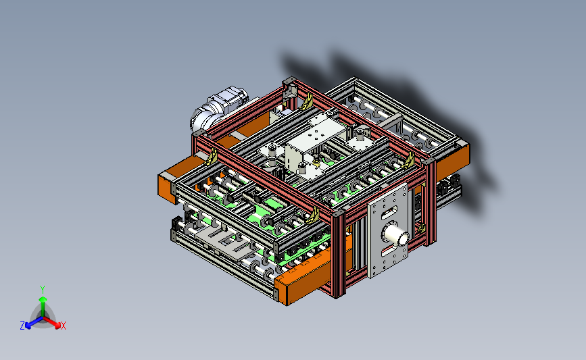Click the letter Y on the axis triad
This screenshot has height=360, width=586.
click(43, 290)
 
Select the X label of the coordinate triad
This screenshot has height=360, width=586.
click(63, 326)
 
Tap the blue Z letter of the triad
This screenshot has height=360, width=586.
click(22, 326)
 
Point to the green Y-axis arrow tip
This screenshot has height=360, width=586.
click(43, 299)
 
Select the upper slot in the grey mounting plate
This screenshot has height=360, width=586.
click(389, 213)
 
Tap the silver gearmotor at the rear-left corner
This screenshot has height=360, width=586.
click(218, 108)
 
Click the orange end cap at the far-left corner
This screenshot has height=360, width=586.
click(167, 188)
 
